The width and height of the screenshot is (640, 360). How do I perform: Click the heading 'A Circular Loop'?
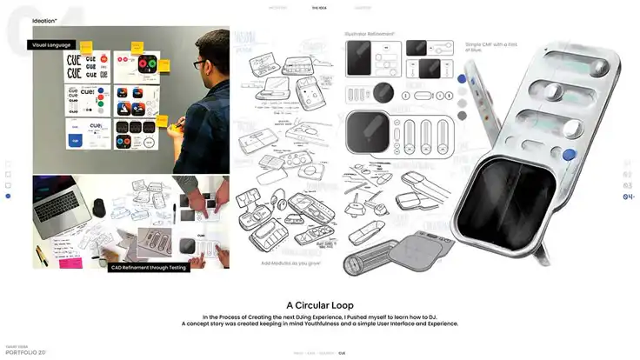(x=319, y=305)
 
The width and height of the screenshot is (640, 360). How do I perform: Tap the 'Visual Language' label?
(x=51, y=44)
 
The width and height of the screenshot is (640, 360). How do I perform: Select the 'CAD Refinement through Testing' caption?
(x=148, y=268)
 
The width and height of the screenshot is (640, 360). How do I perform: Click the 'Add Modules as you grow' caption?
(x=289, y=263)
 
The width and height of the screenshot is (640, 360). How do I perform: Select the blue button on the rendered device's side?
(x=569, y=155)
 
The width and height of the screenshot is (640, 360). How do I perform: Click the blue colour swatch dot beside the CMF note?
(x=461, y=86)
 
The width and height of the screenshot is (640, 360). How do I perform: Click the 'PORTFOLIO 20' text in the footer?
(x=25, y=353)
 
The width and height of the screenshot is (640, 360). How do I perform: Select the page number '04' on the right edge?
(x=629, y=197)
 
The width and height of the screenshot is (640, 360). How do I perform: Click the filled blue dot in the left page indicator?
(x=9, y=197)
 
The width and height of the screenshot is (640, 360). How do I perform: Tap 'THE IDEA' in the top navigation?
(x=320, y=7)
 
